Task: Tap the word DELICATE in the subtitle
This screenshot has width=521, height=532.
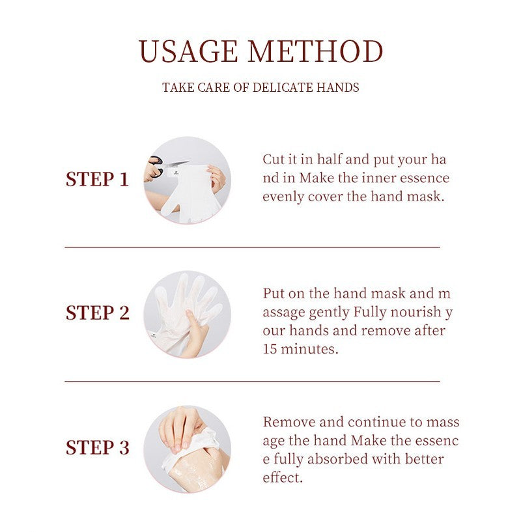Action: click(x=284, y=87)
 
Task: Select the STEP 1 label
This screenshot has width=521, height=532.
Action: click(x=97, y=180)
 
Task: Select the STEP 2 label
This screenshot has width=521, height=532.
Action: click(x=97, y=313)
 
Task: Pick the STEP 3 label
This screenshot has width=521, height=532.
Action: click(x=97, y=448)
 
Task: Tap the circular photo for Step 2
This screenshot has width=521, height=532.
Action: click(x=187, y=314)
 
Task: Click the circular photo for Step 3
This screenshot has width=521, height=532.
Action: click(x=187, y=449)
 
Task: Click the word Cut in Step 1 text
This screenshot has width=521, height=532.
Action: click(x=274, y=160)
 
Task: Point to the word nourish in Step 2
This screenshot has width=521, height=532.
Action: click(x=419, y=312)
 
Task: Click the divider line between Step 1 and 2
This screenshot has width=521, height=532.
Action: click(x=252, y=247)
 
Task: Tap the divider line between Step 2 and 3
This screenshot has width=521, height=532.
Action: click(x=252, y=382)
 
